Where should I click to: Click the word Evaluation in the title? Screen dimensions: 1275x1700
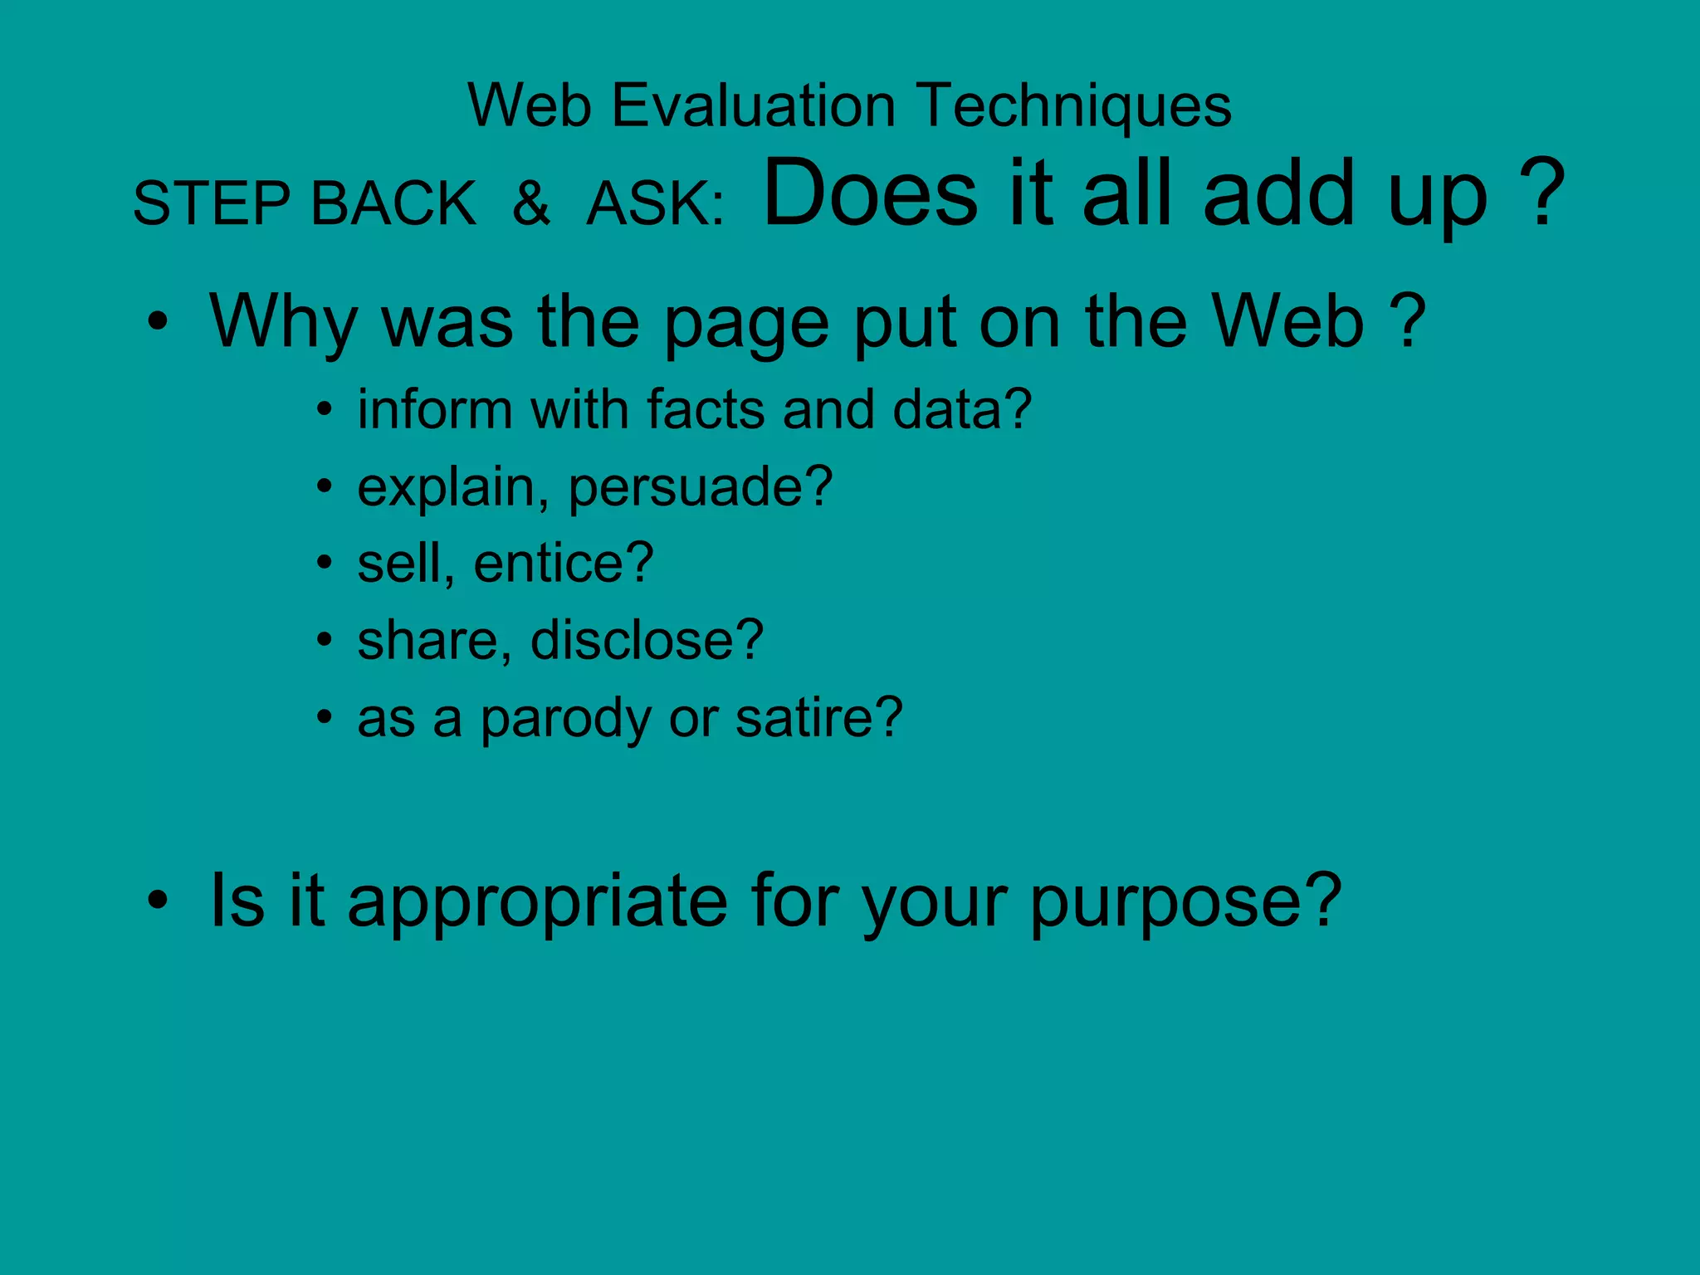point(753,106)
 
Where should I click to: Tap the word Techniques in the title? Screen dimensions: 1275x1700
point(1076,106)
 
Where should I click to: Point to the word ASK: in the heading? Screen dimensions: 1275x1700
point(656,203)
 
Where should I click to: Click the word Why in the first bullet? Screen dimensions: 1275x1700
point(283,322)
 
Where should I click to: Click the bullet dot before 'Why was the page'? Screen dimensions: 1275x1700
point(158,322)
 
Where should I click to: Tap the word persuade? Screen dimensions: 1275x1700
point(700,487)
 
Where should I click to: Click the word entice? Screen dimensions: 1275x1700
point(564,564)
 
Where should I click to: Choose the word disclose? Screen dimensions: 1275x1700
point(647,641)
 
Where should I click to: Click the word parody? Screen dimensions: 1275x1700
point(566,719)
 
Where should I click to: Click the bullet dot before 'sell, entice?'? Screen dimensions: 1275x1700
point(325,564)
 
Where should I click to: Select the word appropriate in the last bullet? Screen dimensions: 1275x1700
point(537,901)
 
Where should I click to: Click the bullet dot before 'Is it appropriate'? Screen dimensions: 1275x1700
point(158,900)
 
